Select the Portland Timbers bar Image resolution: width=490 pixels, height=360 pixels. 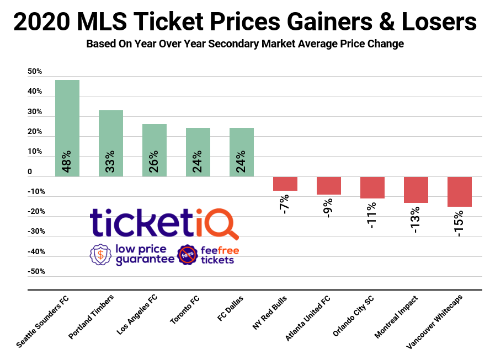[111, 143]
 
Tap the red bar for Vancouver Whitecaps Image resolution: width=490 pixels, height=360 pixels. [459, 191]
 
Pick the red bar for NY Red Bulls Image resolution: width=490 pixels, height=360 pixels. [285, 184]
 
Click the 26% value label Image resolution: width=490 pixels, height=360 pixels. [155, 162]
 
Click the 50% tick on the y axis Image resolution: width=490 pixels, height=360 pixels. [35, 72]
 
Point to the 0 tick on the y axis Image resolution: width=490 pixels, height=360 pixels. [30, 172]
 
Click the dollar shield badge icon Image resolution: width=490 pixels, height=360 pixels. [100, 255]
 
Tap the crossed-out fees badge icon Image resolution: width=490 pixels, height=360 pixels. [188, 255]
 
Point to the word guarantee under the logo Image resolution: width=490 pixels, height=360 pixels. [145, 260]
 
